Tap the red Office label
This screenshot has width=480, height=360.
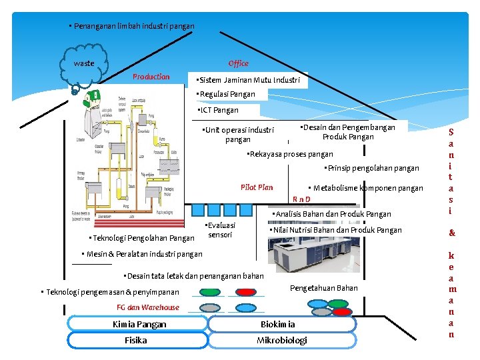[238, 64]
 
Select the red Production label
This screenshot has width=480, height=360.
[151, 77]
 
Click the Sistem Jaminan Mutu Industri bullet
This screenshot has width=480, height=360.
[248, 80]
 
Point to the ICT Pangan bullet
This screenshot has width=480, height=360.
[218, 110]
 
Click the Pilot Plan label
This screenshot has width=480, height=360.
[257, 187]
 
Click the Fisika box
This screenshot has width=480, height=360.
[136, 340]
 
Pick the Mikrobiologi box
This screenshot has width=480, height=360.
[281, 340]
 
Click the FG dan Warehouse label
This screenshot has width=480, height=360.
[148, 307]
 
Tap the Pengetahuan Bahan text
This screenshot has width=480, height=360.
[324, 288]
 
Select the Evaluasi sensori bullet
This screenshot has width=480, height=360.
[221, 230]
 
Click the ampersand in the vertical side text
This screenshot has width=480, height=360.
[451, 233]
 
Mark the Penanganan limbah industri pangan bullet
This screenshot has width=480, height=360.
[132, 26]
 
